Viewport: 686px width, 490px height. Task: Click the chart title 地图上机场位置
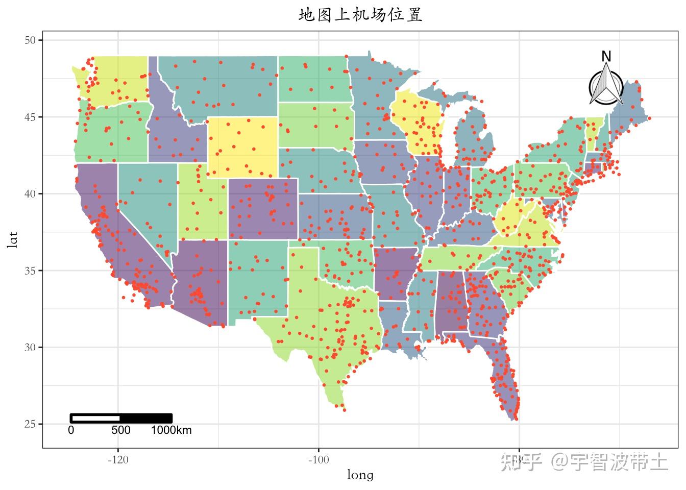click(x=360, y=15)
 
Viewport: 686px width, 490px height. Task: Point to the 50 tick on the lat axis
click(x=30, y=40)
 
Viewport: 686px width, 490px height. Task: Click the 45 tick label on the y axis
click(x=30, y=117)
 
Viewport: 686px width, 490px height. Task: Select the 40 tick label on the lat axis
click(x=30, y=194)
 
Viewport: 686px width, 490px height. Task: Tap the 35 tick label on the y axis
click(x=30, y=271)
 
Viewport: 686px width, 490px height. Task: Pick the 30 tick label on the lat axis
click(x=30, y=348)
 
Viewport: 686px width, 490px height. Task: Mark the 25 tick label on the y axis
click(x=30, y=424)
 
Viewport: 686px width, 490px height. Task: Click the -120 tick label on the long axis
click(x=118, y=460)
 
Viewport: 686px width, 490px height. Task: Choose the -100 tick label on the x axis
click(x=318, y=460)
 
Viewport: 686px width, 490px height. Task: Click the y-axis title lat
click(x=13, y=239)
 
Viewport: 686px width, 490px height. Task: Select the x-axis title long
click(x=360, y=476)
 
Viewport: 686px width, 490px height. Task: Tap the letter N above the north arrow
click(x=606, y=57)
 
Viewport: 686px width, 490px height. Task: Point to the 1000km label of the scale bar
click(x=171, y=430)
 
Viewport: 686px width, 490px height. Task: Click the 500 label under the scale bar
click(x=121, y=430)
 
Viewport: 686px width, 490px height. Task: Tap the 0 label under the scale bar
click(x=71, y=430)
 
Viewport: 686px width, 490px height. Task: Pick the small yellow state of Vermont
click(x=594, y=133)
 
